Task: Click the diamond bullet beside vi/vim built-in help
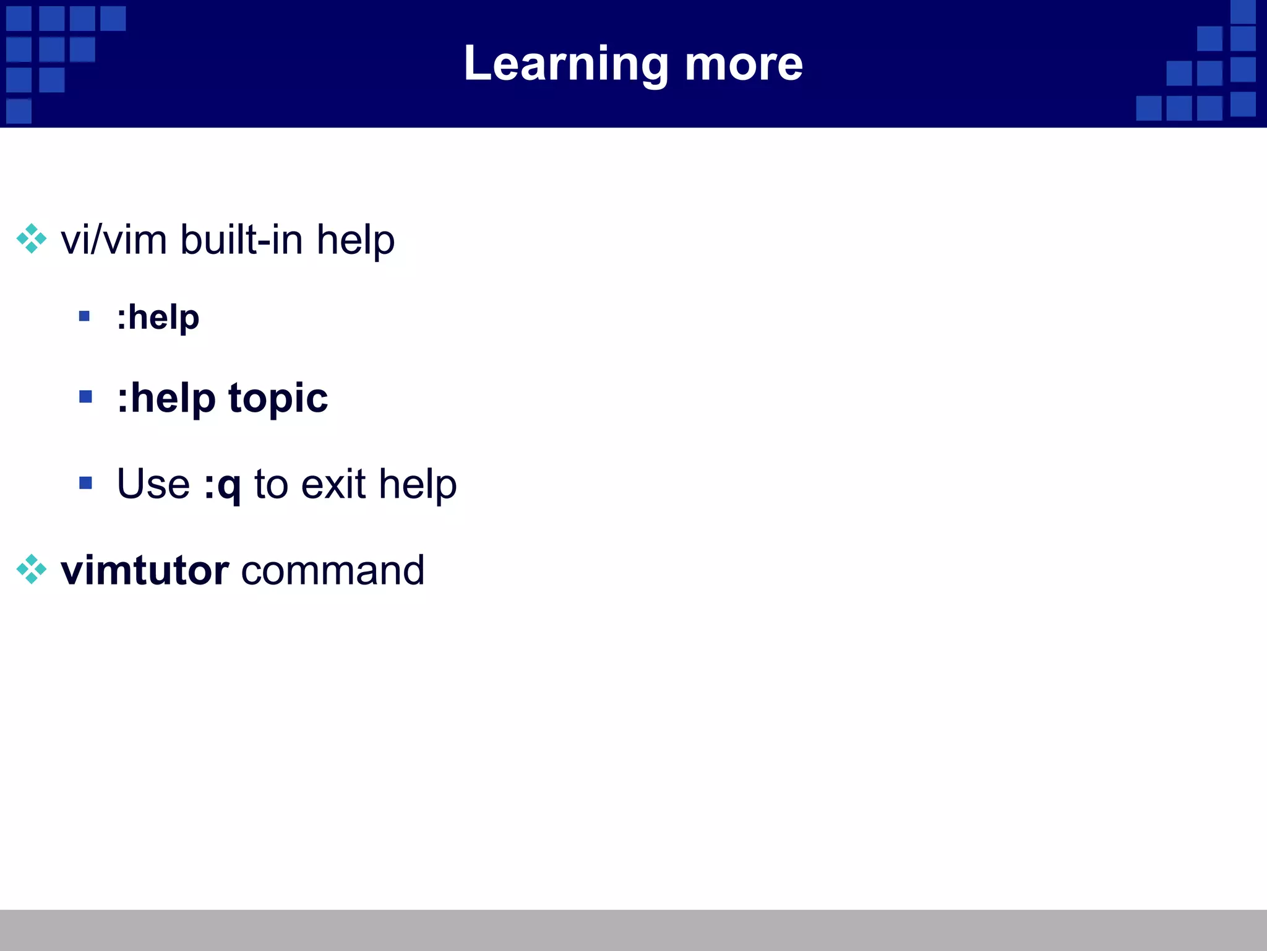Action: tap(31, 239)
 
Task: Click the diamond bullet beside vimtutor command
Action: tap(31, 570)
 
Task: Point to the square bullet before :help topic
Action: tap(85, 396)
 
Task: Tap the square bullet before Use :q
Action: tap(85, 482)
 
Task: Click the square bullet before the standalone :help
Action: tap(85, 317)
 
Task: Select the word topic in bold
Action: tap(278, 399)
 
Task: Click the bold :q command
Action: tap(222, 485)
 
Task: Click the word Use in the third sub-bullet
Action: tap(153, 484)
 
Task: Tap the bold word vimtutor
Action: tap(145, 570)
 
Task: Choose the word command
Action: tap(332, 570)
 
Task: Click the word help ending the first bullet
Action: tap(355, 240)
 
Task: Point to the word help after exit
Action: tap(418, 484)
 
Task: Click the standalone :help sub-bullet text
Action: tap(158, 318)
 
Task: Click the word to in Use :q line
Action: tap(271, 484)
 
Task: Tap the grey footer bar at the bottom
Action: tap(633, 930)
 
